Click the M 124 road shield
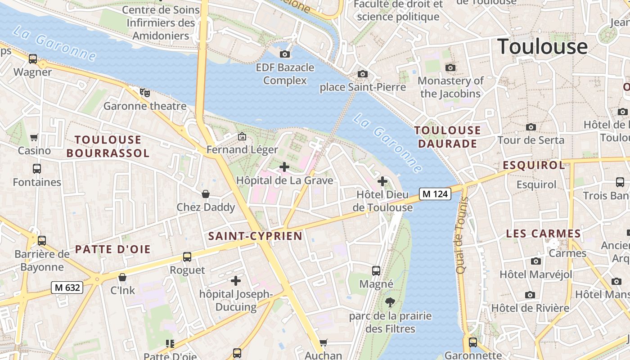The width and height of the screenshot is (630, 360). tap(435, 194)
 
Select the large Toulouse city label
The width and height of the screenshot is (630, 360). tap(542, 46)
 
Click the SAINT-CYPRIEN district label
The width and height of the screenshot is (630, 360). tap(255, 236)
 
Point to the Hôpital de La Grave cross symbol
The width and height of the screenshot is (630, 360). tap(284, 167)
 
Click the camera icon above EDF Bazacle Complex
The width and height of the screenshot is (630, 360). tap(285, 54)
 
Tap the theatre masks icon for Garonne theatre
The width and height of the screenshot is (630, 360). tap(144, 93)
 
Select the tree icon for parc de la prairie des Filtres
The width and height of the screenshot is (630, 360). tap(390, 302)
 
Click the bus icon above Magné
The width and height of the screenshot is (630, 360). tap(376, 271)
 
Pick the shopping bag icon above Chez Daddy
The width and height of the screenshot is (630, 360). tap(206, 194)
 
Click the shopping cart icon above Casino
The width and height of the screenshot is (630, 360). tap(34, 137)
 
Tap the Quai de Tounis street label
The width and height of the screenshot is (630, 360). tap(462, 235)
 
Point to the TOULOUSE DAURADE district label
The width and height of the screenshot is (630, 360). tap(448, 137)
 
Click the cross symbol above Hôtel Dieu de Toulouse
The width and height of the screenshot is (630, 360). tap(382, 181)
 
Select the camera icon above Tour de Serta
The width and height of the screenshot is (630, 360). tap(531, 127)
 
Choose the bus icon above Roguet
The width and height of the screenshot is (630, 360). tap(187, 257)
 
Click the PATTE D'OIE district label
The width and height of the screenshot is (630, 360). tap(112, 249)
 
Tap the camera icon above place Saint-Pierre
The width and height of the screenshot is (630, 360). tap(363, 74)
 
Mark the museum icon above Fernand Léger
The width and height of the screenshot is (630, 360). tap(242, 136)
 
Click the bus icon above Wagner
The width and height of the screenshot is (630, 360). tap(33, 58)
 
